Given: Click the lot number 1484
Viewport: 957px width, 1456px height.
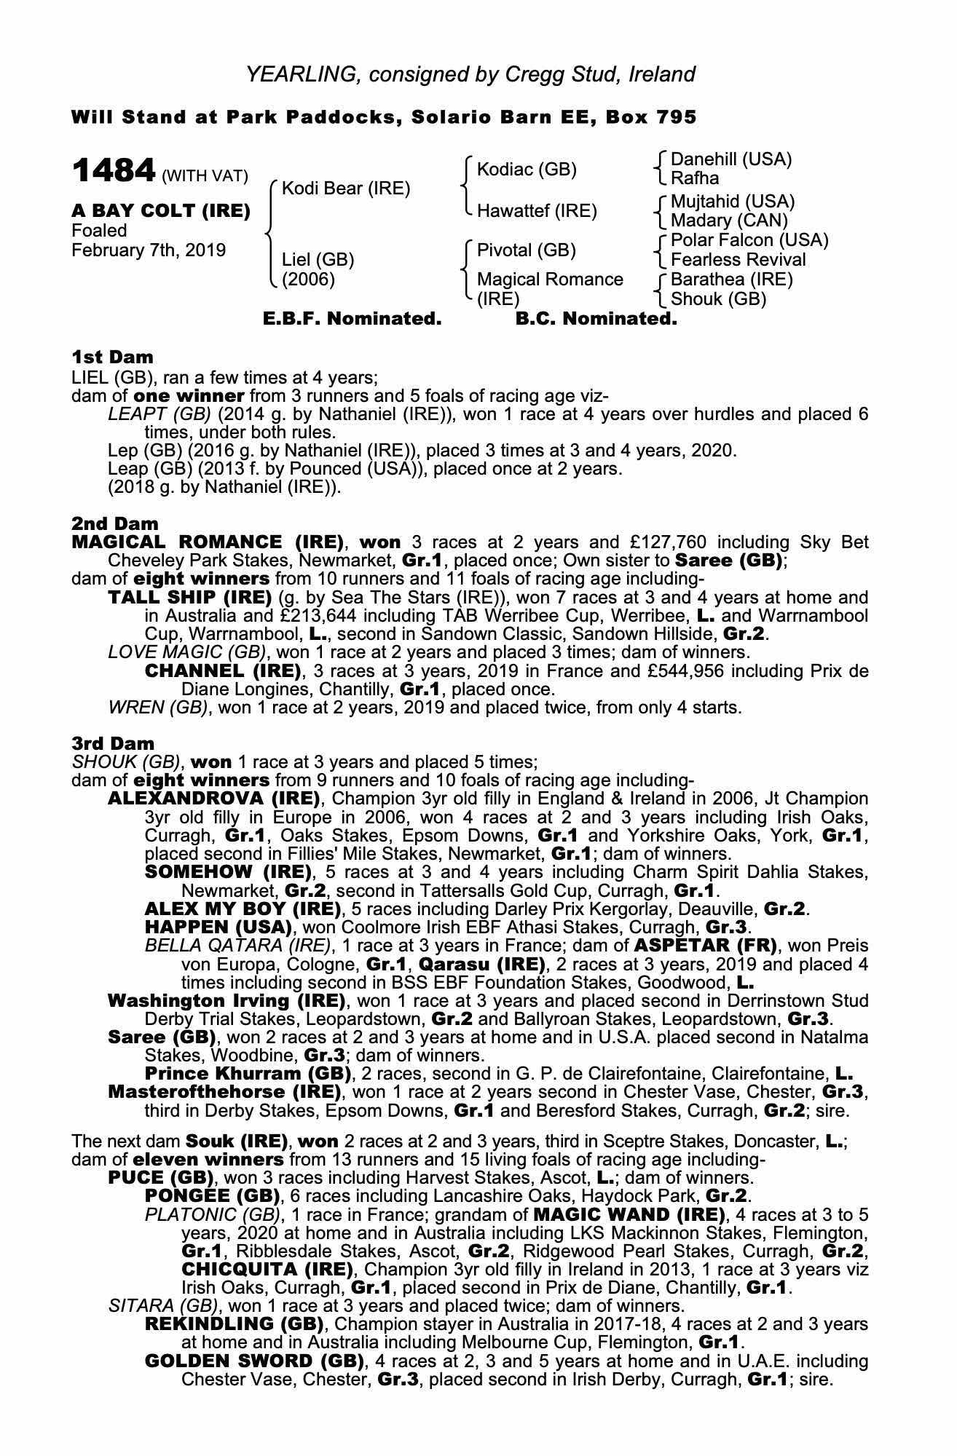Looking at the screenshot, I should tap(114, 172).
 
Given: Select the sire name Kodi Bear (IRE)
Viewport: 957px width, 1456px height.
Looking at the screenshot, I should tap(345, 189).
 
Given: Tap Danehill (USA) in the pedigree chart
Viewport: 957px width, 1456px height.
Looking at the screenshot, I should tap(730, 159).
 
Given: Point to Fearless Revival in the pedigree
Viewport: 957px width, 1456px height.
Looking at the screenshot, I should tap(738, 260).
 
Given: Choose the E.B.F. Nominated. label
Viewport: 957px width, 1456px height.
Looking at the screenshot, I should tap(352, 319).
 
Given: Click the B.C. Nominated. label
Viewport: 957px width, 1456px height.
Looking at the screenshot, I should tap(596, 319).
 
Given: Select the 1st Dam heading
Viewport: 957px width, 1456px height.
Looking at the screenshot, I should tap(112, 357).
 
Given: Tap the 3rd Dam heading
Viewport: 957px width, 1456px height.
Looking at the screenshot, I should tap(113, 743).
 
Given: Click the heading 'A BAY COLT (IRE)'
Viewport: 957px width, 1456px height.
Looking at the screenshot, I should tap(160, 211).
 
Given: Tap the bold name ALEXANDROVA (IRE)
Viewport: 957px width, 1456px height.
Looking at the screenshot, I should tap(213, 799).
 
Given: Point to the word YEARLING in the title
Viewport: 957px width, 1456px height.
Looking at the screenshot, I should tap(302, 74).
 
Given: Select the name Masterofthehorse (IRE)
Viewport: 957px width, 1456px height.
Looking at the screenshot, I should tap(224, 1092).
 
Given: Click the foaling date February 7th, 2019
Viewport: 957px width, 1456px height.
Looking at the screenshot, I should tap(149, 250).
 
